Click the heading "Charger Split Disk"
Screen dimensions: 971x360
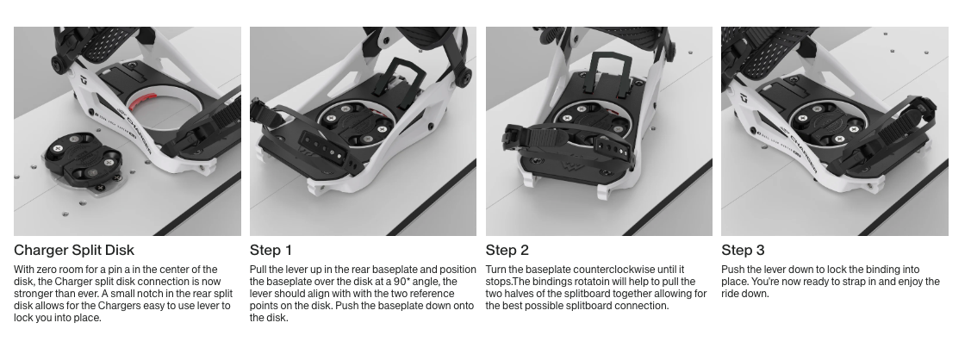click(74, 250)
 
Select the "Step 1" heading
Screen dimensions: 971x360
click(271, 250)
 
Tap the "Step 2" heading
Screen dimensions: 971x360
click(507, 250)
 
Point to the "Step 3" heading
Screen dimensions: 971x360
click(743, 250)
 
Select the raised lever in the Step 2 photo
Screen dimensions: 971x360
click(612, 69)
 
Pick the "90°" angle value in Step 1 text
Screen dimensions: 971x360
click(401, 282)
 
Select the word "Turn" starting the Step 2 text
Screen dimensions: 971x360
click(496, 270)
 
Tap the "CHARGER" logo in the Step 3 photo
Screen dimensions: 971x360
click(803, 146)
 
